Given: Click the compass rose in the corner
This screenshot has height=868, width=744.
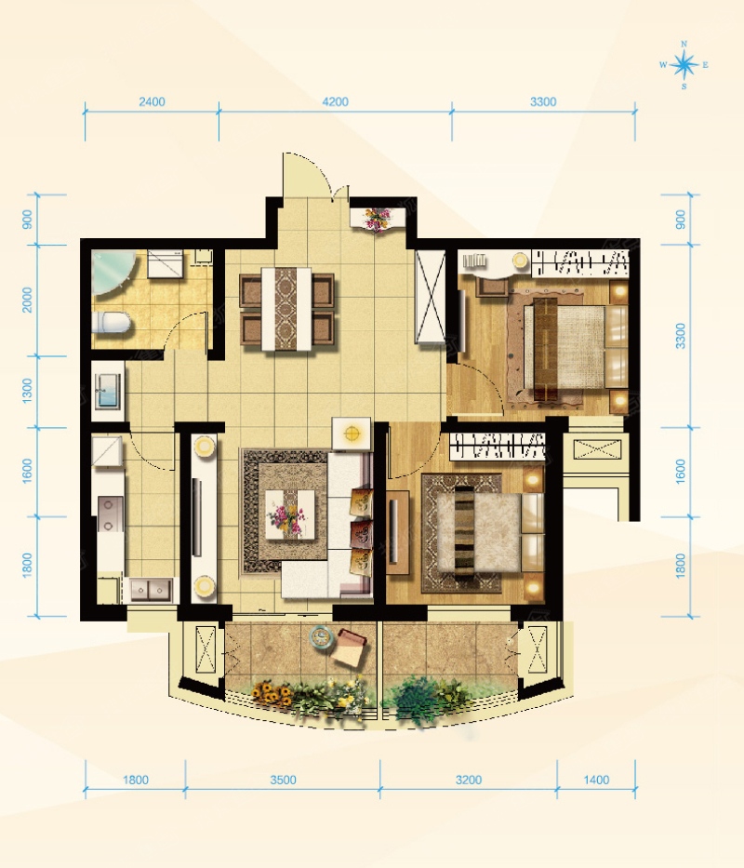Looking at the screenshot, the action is (x=684, y=65).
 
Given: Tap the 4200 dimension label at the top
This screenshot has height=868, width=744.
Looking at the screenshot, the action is (x=336, y=101).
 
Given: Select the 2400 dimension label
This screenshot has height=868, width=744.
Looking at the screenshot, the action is (x=152, y=101).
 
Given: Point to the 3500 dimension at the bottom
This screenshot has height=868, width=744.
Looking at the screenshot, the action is (x=283, y=780).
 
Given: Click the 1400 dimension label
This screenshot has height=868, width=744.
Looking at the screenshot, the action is (x=596, y=780).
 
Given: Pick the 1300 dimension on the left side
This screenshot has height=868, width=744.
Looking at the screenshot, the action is (x=27, y=391).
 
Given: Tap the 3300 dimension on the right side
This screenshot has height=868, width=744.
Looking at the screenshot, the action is (x=681, y=336).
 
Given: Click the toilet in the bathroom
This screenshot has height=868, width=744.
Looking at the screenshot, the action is (x=112, y=322).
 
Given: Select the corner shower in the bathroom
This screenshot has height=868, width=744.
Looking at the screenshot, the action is (x=113, y=273).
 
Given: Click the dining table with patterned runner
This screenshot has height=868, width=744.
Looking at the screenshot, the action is (x=286, y=308).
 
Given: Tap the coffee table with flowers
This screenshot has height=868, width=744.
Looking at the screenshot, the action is (x=286, y=514).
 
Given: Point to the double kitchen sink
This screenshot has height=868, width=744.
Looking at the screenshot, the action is (x=151, y=590).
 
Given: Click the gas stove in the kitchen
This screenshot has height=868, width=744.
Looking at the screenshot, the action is (x=109, y=514).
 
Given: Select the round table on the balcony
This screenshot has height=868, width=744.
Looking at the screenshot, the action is (x=321, y=635).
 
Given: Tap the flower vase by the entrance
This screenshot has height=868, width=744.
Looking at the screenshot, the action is (x=377, y=218).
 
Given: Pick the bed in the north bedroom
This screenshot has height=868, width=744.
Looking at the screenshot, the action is (x=575, y=347).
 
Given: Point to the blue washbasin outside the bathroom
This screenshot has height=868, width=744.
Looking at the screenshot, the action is (x=108, y=391).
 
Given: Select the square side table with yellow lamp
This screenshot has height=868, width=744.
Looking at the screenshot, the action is (x=351, y=434).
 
